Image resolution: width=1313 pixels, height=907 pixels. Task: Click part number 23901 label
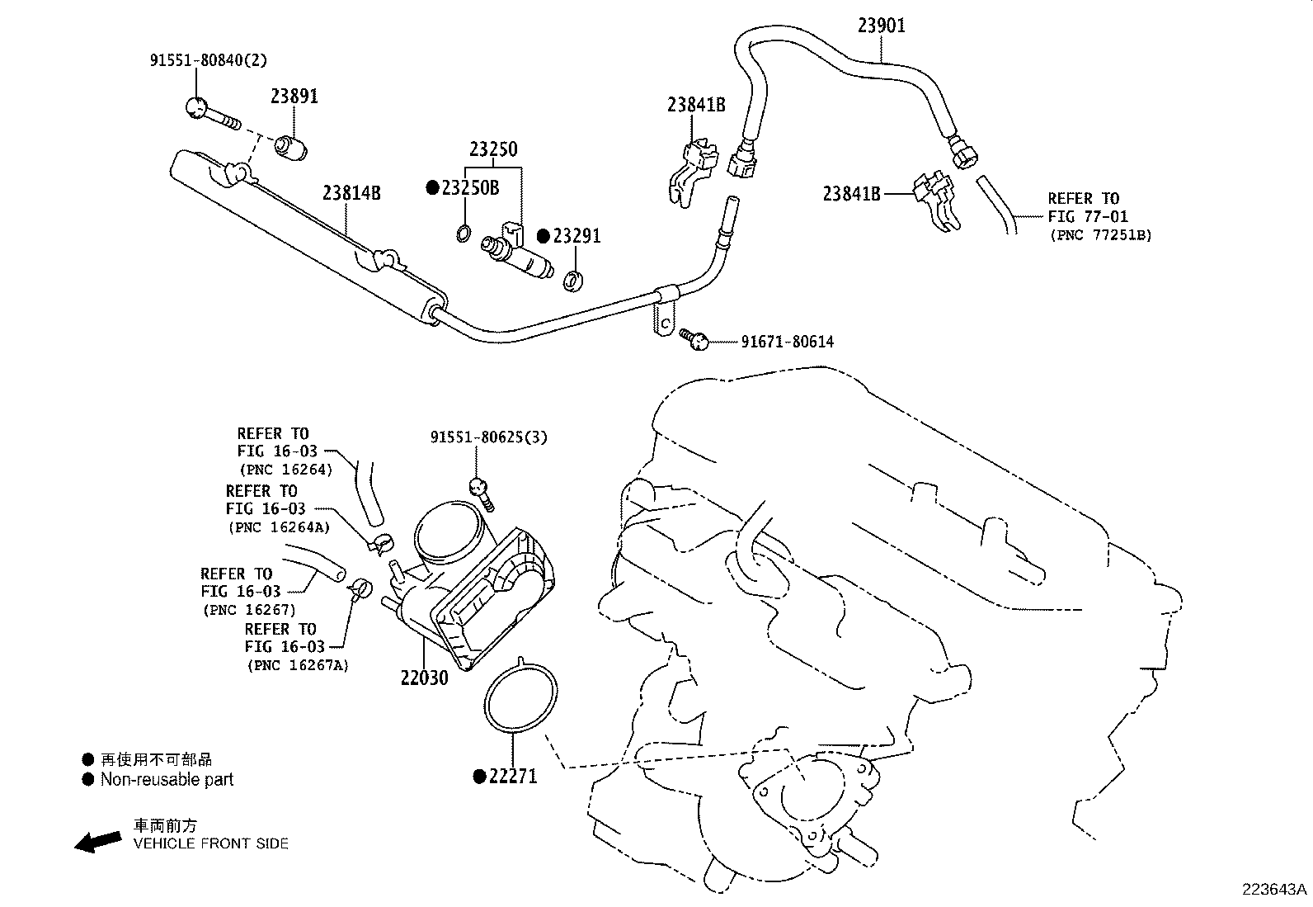[881, 26]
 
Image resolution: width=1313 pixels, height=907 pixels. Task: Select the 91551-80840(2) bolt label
[208, 60]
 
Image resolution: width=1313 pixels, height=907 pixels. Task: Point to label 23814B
[351, 193]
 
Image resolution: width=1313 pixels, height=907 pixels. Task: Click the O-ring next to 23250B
[464, 233]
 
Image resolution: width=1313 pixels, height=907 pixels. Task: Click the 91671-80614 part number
[787, 342]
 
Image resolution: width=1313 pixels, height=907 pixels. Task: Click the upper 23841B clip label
[696, 105]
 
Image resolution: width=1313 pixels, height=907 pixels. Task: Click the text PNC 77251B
[1100, 235]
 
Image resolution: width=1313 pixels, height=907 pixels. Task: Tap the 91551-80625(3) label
[488, 437]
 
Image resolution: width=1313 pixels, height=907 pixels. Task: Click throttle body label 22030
[424, 678]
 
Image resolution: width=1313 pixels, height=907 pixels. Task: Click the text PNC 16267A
[297, 665]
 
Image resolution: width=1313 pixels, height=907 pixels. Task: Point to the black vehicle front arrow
[97, 841]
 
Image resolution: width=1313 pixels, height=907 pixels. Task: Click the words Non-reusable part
[167, 779]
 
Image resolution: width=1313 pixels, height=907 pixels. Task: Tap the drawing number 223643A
[1275, 890]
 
